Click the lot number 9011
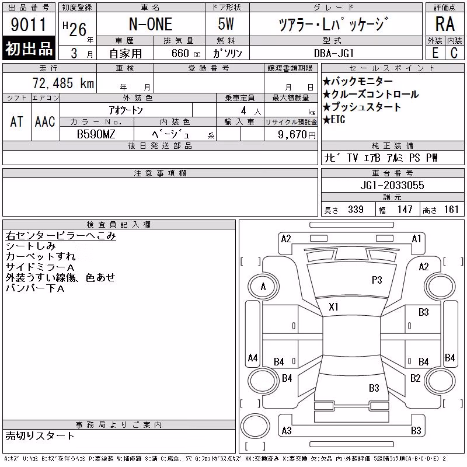pyautogui.click(x=28, y=25)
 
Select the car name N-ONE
pyautogui.click(x=151, y=24)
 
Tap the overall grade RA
pyautogui.click(x=445, y=24)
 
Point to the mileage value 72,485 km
pyautogui.click(x=63, y=83)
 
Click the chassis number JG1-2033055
pyautogui.click(x=392, y=185)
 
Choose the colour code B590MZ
pyautogui.click(x=96, y=134)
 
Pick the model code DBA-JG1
pyautogui.click(x=334, y=53)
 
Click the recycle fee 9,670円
pyautogui.click(x=297, y=135)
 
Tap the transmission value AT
pyautogui.click(x=17, y=121)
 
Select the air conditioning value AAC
pyautogui.click(x=45, y=121)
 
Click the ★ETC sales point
pyautogui.click(x=334, y=120)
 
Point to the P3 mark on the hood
pyautogui.click(x=377, y=280)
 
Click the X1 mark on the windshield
pyautogui.click(x=333, y=307)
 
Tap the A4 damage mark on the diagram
pyautogui.click(x=253, y=357)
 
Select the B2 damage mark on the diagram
pyautogui.click(x=415, y=378)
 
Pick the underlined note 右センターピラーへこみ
pyautogui.click(x=61, y=236)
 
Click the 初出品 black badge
pyautogui.click(x=29, y=48)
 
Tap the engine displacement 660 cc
pyautogui.click(x=186, y=54)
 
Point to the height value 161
pyautogui.click(x=451, y=210)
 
